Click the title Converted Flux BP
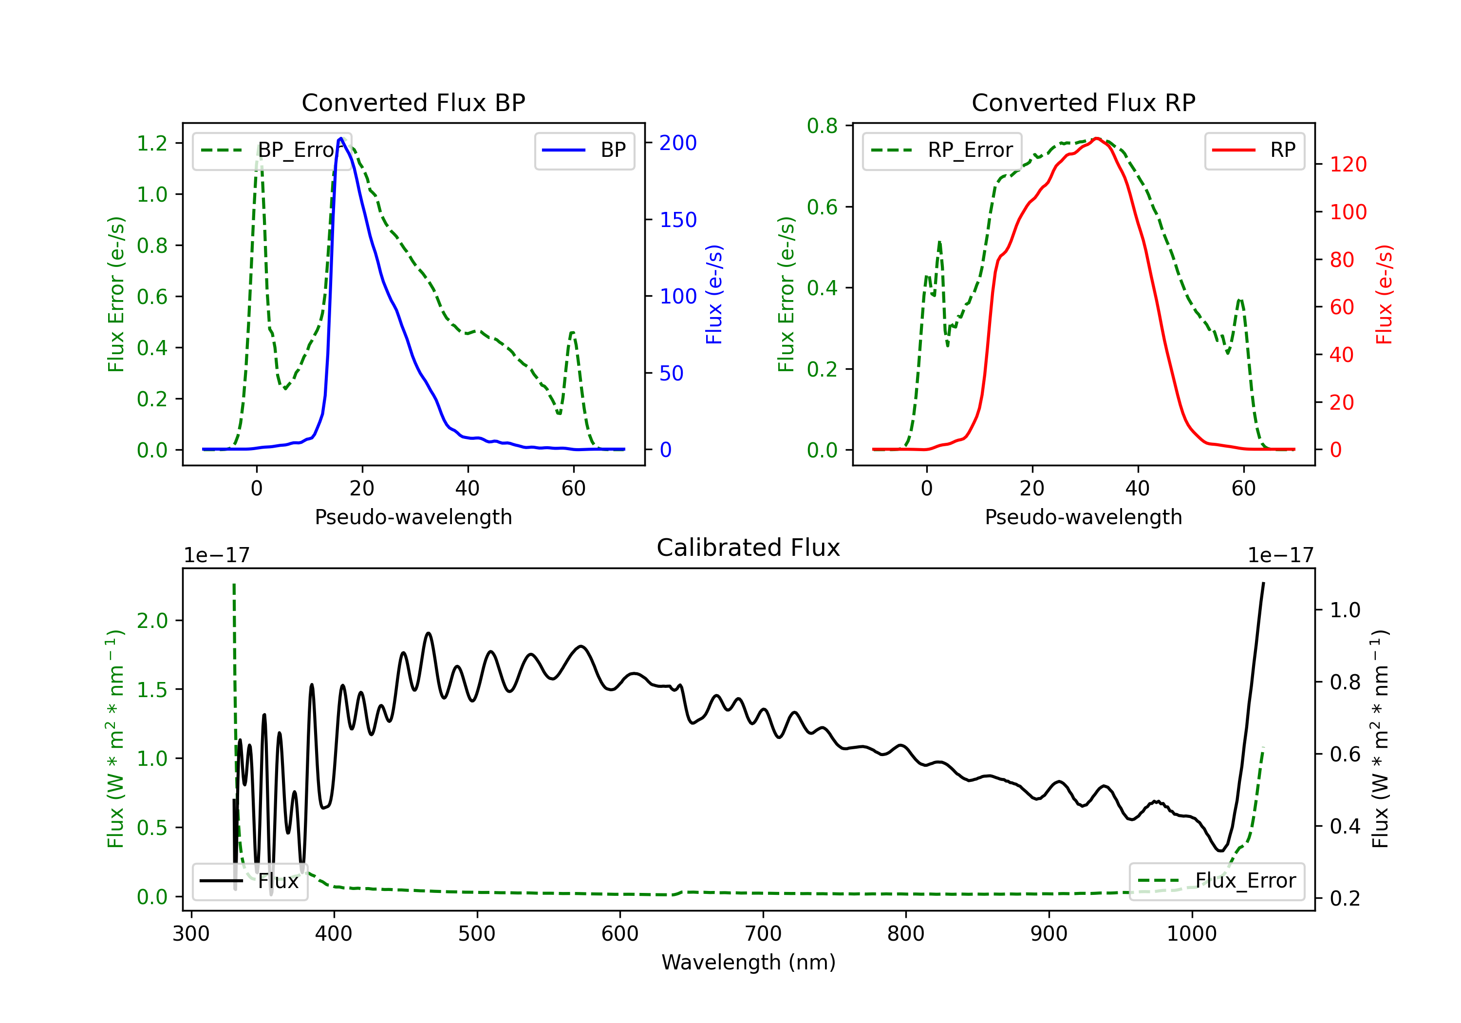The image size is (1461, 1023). click(413, 102)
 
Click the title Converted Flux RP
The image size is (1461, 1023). click(1083, 102)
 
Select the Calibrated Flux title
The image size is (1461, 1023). click(749, 548)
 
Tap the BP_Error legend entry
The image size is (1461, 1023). click(271, 150)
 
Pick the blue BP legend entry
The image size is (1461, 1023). click(584, 150)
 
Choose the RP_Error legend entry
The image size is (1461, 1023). click(942, 150)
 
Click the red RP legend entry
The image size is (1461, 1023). click(1254, 150)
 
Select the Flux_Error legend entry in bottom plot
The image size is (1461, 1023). click(1217, 880)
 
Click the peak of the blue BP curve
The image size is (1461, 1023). click(341, 138)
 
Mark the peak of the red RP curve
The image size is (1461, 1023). click(1096, 138)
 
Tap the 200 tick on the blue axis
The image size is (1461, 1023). click(678, 143)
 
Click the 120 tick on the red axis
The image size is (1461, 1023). click(1348, 164)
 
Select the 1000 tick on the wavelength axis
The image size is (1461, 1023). click(1192, 933)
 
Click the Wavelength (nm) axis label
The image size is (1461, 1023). click(749, 962)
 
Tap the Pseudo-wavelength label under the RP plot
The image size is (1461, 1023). click(1083, 517)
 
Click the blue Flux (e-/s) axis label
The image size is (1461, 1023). click(714, 295)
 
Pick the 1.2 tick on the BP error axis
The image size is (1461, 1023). click(152, 143)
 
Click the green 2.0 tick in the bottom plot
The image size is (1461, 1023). click(152, 620)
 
